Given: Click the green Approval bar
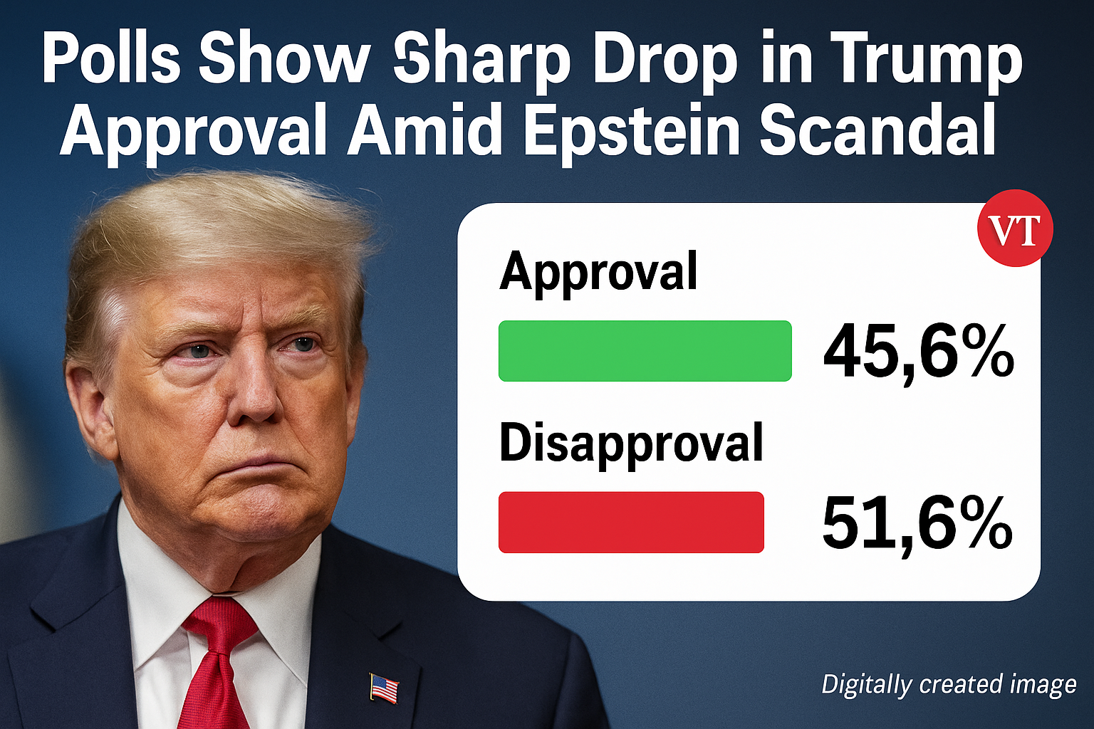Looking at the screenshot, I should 645,351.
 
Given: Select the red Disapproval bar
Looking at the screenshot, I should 631,522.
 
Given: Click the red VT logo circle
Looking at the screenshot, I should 1015,229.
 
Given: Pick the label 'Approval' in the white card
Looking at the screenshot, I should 598,272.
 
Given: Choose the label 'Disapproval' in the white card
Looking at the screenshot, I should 631,444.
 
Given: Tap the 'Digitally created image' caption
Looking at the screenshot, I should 949,685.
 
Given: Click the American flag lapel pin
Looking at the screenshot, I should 384,688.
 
